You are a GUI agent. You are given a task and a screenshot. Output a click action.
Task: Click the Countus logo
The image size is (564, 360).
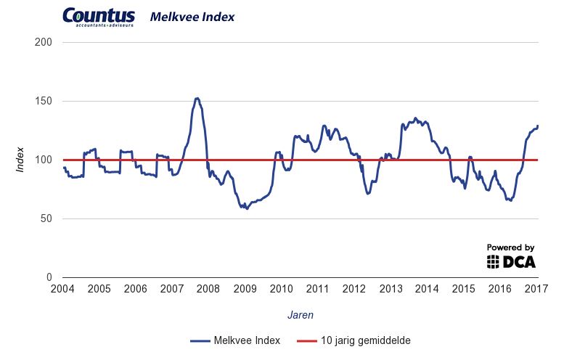(99, 17)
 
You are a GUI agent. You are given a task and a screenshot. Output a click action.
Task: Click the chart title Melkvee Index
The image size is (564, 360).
(192, 17)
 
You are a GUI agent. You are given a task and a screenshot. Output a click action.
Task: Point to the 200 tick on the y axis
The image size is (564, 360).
(43, 42)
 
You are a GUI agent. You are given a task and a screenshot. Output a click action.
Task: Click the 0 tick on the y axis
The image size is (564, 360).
(49, 277)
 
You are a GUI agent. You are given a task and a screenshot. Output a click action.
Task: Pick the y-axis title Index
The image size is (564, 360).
(20, 160)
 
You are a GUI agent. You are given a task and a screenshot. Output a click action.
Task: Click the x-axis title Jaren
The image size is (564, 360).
(301, 315)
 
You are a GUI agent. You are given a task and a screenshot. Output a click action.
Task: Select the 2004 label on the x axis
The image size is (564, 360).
(62, 289)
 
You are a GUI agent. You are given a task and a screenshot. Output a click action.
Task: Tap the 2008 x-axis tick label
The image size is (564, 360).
(208, 289)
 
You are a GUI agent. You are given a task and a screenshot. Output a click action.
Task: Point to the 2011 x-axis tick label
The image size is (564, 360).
(318, 289)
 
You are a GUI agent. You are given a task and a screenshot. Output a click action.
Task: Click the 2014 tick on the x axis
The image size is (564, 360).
(428, 289)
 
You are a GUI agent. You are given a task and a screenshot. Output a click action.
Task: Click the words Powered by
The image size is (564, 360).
(510, 247)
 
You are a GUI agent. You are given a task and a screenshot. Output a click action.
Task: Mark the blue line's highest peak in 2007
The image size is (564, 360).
(197, 98)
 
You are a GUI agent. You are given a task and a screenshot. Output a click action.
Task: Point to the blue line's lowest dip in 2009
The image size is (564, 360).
(247, 208)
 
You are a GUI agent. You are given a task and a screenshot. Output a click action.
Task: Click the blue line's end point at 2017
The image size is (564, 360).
(537, 126)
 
